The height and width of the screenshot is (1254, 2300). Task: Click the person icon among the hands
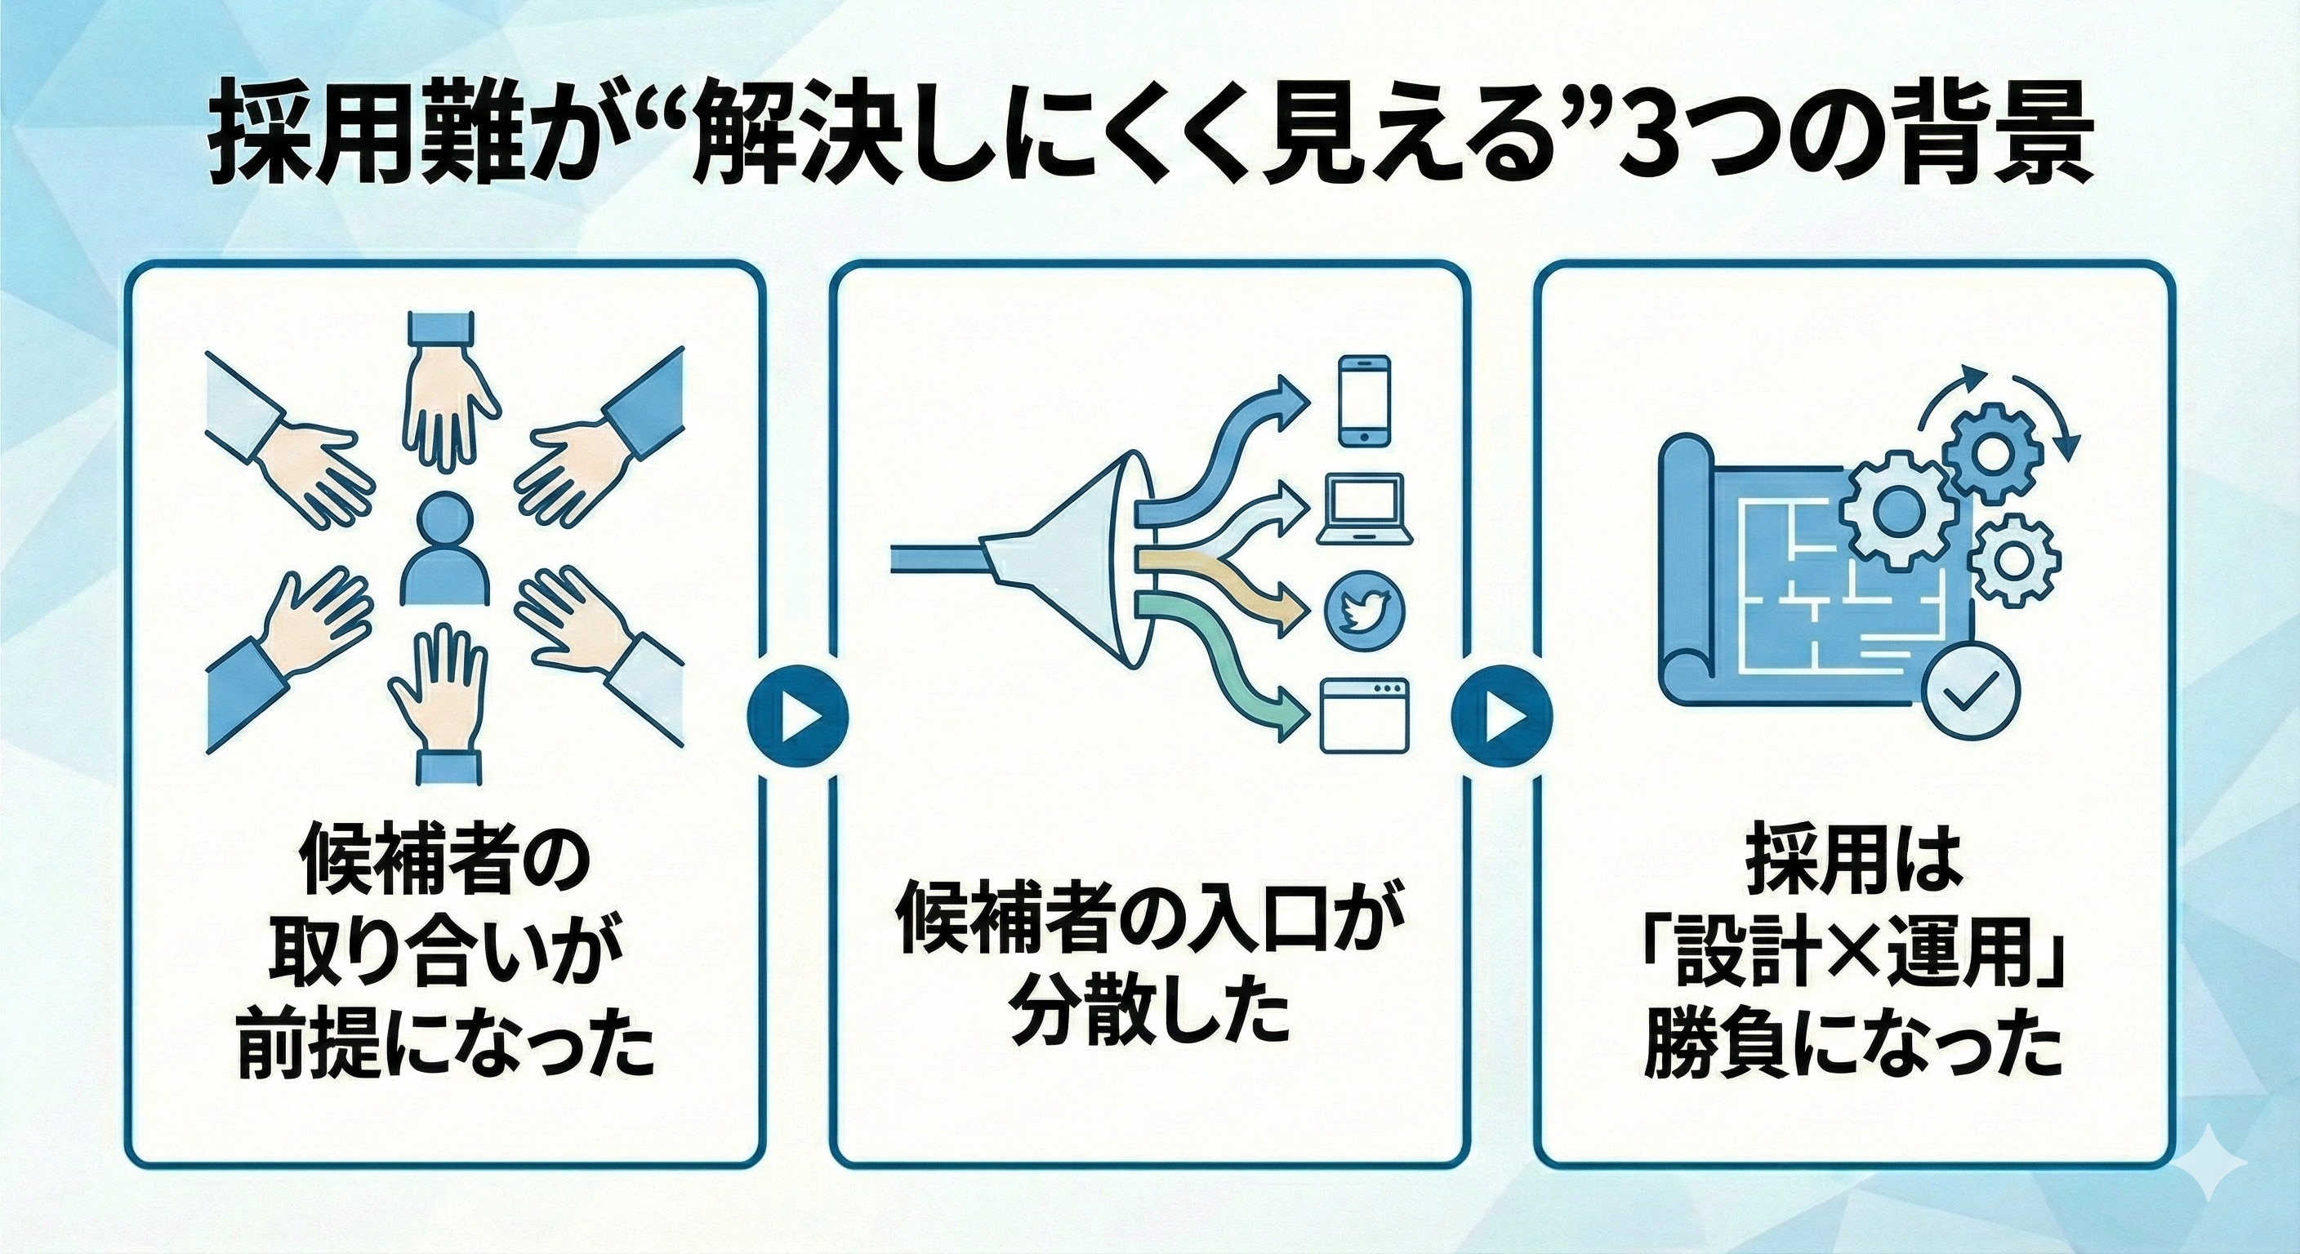pyautogui.click(x=444, y=551)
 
